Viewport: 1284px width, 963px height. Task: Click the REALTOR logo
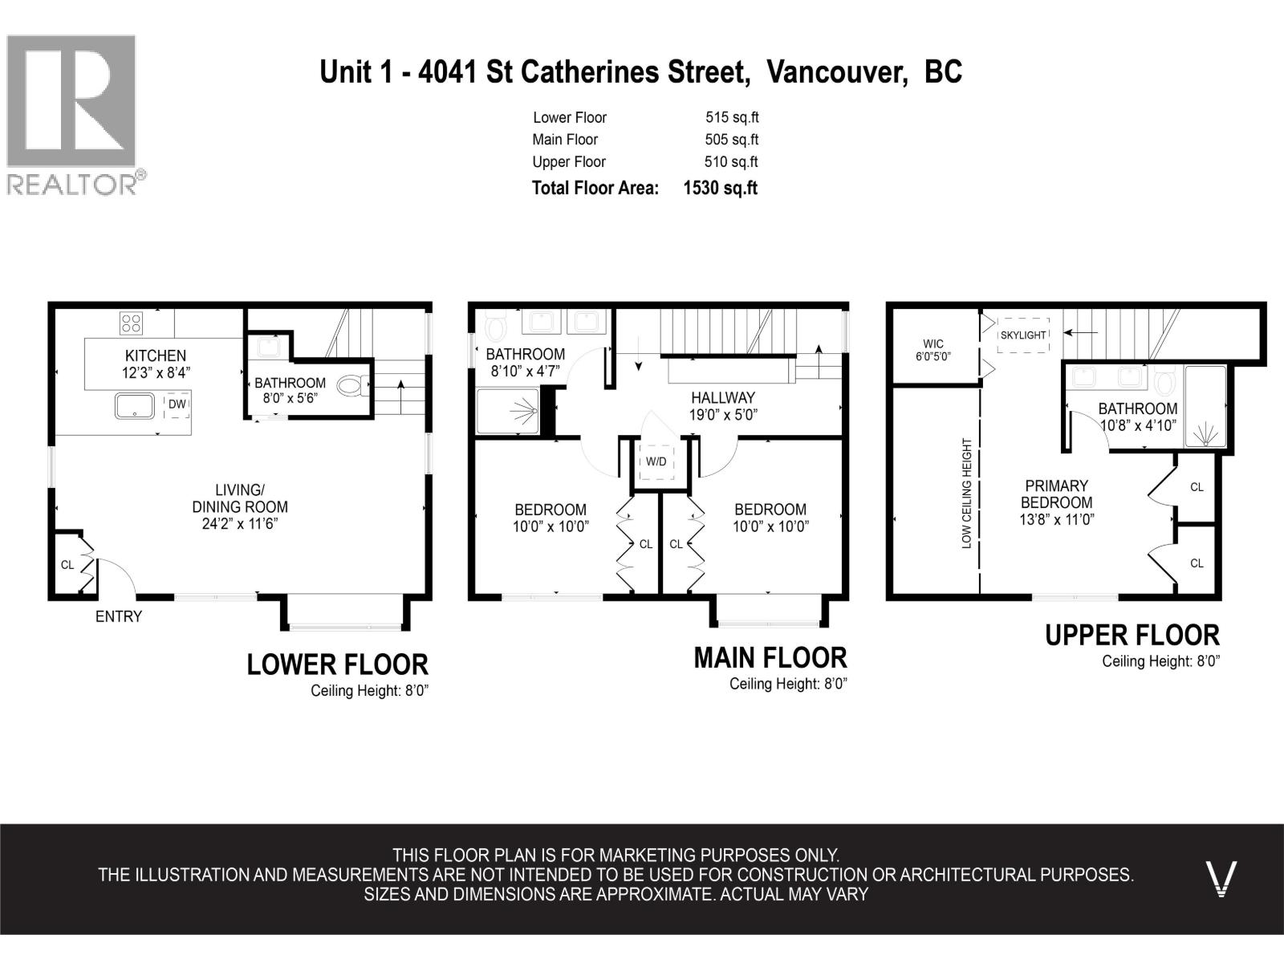tap(76, 115)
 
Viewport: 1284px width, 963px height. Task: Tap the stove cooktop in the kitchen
tap(131, 323)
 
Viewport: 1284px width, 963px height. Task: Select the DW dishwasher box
tap(177, 404)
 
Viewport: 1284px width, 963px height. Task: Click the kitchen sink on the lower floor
tap(135, 406)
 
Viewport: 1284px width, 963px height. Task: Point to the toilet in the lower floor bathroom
tap(353, 386)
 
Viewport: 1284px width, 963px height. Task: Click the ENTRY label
tap(119, 617)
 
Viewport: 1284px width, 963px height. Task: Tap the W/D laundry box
tap(656, 462)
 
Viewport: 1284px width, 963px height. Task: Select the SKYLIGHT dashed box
tap(1023, 335)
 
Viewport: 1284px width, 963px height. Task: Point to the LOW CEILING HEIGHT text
tap(966, 494)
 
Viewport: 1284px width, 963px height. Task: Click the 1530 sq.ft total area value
tap(720, 189)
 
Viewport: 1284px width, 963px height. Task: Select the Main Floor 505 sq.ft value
tap(732, 140)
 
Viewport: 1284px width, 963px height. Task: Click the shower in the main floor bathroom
tap(508, 411)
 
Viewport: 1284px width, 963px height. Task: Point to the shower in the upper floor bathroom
tap(1205, 406)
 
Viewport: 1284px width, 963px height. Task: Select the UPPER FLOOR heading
tap(1132, 636)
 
